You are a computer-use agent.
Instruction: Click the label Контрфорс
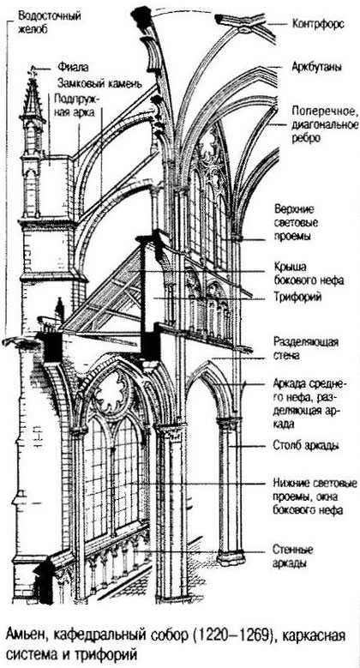tap(318, 24)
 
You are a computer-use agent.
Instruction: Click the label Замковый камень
tap(98, 81)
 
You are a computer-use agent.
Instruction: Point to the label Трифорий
tap(297, 298)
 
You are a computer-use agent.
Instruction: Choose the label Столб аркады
tap(305, 446)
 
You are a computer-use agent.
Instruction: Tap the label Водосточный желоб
tap(50, 23)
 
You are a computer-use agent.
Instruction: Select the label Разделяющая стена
tap(306, 348)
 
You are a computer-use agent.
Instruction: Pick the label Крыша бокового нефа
tap(309, 274)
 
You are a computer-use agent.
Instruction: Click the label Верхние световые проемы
tap(297, 222)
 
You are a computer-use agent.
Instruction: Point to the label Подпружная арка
tap(76, 105)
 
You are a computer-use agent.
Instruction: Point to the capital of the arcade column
tap(229, 424)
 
